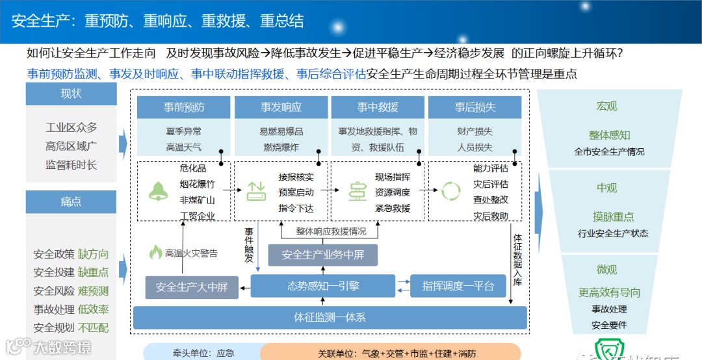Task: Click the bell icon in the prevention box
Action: pyautogui.click(x=157, y=190)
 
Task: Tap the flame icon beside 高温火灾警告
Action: pyautogui.click(x=155, y=252)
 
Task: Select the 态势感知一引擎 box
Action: pyautogui.click(x=323, y=286)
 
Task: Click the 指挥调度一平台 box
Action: pyautogui.click(x=458, y=286)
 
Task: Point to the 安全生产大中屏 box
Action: pyautogui.click(x=191, y=287)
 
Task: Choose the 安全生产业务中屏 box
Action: pyautogui.click(x=323, y=255)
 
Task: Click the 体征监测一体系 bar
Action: pyautogui.click(x=330, y=317)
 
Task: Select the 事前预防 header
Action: pyautogui.click(x=184, y=107)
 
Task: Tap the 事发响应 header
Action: pyautogui.click(x=281, y=107)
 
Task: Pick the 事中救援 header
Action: pyautogui.click(x=378, y=107)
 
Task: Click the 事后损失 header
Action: pyautogui.click(x=475, y=107)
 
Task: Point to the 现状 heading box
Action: pyautogui.click(x=71, y=94)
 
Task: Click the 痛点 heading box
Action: pyautogui.click(x=71, y=201)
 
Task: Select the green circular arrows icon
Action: pyautogui.click(x=450, y=191)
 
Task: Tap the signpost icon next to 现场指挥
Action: pyautogui.click(x=357, y=191)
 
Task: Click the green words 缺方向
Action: pyautogui.click(x=93, y=254)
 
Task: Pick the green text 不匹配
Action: pyautogui.click(x=93, y=328)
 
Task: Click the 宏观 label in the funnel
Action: pyautogui.click(x=606, y=106)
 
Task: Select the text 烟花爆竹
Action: pyautogui.click(x=197, y=184)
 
